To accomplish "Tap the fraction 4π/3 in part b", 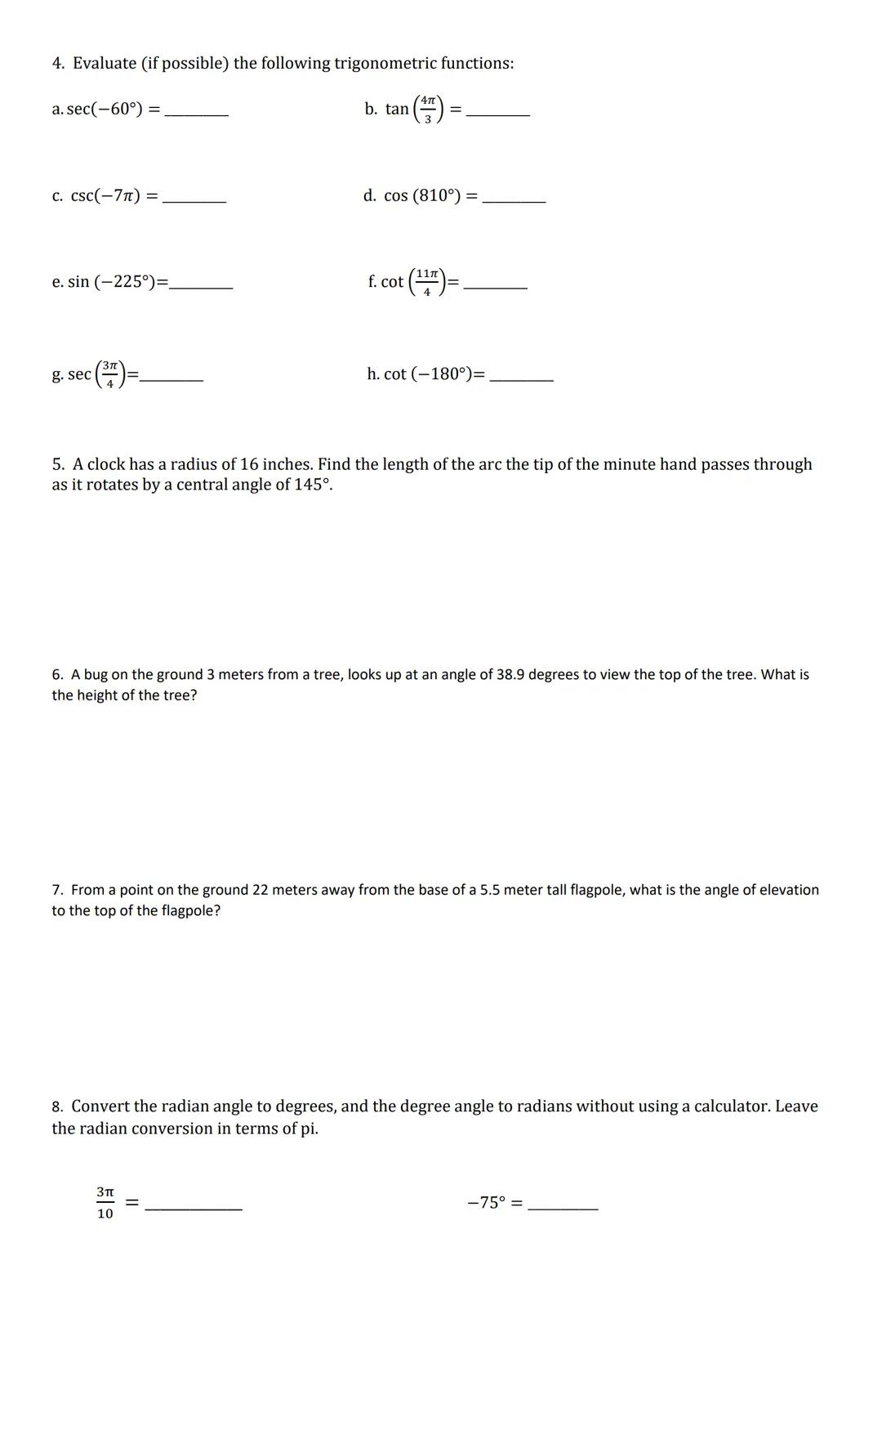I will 426,109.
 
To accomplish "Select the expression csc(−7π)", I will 105,196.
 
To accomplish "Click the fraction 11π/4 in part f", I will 427,282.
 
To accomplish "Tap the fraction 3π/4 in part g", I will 110,374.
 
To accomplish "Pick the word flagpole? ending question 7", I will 190,910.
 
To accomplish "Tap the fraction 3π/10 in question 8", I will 105,1203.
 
